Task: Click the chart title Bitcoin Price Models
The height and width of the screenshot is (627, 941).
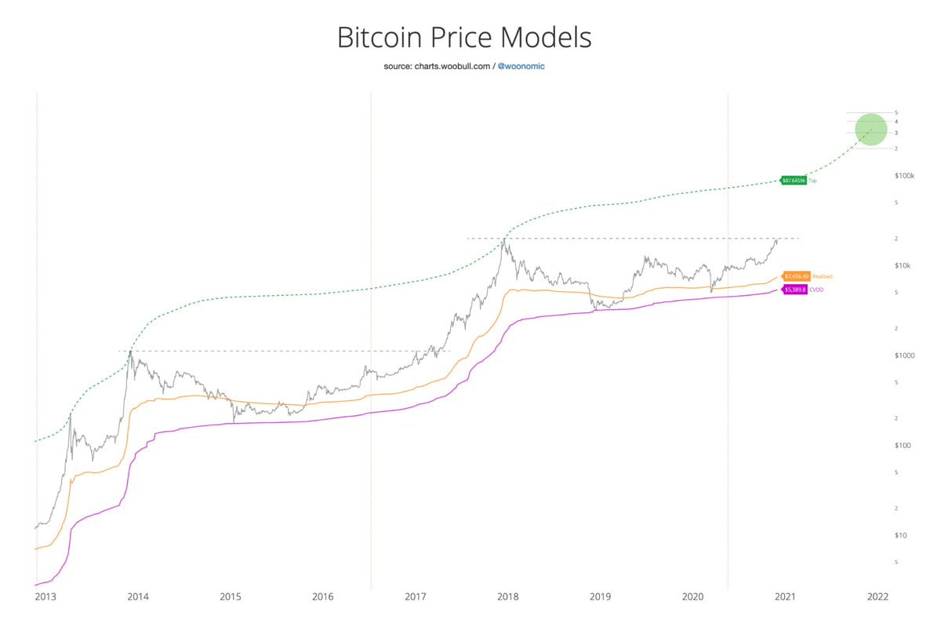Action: tap(463, 38)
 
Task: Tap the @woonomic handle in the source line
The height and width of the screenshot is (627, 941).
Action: tap(521, 67)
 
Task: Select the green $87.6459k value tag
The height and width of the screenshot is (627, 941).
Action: tap(794, 180)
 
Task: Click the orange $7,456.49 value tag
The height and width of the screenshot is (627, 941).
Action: tap(796, 276)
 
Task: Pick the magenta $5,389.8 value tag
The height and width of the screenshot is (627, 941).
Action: tap(794, 290)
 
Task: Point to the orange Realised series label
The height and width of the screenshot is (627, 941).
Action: tap(823, 276)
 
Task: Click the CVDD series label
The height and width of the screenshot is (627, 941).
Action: tap(816, 290)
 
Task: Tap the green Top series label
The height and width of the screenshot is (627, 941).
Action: tap(813, 180)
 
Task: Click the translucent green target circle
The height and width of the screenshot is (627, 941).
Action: tap(870, 129)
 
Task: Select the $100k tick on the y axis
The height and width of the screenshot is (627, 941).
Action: tap(905, 176)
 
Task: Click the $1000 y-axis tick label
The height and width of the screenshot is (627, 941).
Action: tap(904, 355)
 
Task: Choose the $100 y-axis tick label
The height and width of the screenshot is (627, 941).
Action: tap(903, 445)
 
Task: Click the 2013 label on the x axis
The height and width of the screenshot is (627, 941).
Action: tap(45, 597)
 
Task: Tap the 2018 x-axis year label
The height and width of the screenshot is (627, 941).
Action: tap(507, 597)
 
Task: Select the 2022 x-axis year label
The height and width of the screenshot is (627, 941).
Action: tap(877, 597)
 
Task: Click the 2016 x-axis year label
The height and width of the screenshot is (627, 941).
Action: tap(322, 597)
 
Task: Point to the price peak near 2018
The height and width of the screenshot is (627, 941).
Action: tap(504, 239)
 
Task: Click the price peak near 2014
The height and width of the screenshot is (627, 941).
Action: tap(130, 352)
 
